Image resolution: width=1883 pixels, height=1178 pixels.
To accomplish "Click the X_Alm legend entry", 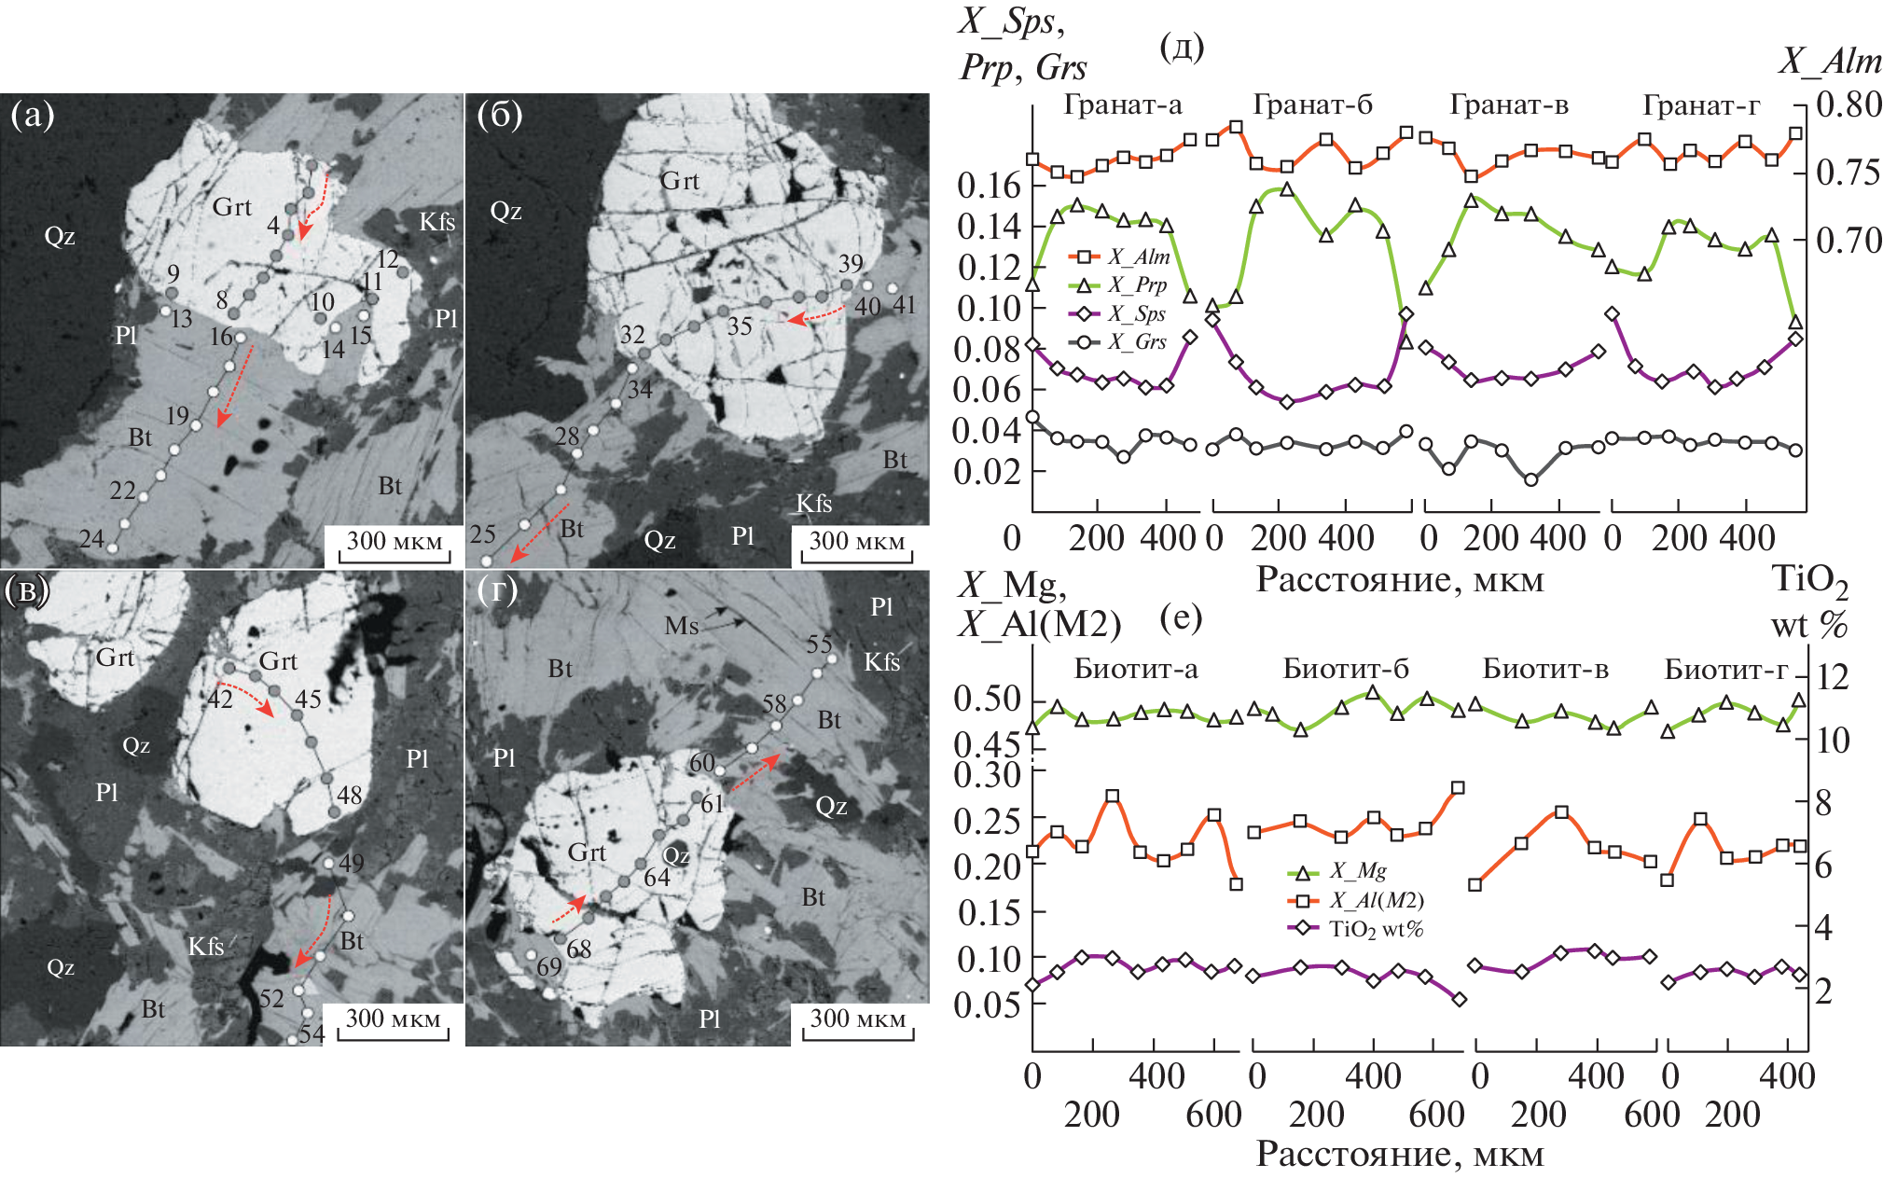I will click(1138, 257).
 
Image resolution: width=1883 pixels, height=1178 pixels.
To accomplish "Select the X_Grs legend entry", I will click(1138, 342).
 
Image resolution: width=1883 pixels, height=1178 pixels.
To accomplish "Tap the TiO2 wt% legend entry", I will click(1376, 929).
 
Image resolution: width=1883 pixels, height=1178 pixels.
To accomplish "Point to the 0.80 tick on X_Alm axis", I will click(1848, 104).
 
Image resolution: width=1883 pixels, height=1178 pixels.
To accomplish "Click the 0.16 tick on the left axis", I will click(989, 186).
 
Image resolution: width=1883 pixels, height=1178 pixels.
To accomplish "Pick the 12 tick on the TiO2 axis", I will click(1833, 677).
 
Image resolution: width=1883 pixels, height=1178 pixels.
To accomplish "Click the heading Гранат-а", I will click(1123, 105).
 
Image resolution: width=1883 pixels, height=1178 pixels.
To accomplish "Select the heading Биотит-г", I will click(1726, 669).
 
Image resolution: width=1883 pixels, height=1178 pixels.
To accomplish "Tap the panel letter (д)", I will click(1181, 46).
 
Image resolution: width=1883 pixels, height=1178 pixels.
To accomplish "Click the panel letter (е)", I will click(1181, 617).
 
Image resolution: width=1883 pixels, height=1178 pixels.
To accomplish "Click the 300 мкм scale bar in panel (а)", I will click(395, 544).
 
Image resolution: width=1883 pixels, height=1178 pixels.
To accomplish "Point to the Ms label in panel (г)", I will click(681, 626).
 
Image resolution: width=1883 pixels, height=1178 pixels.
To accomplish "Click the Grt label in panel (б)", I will click(680, 180).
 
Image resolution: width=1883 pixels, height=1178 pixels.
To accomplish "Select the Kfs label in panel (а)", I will click(436, 221).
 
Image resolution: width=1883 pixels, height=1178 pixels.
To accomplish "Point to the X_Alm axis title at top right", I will click(1829, 62).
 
